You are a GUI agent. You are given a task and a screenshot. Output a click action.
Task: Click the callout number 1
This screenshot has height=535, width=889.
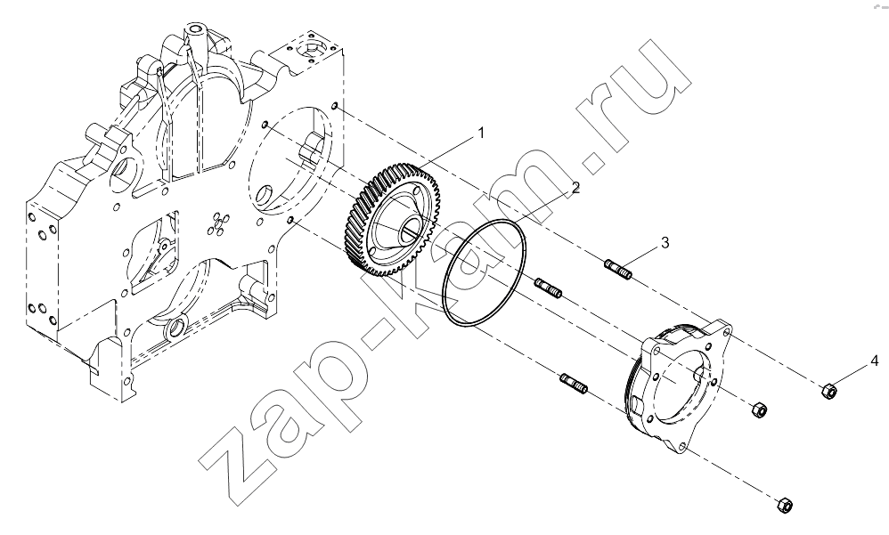(x=481, y=134)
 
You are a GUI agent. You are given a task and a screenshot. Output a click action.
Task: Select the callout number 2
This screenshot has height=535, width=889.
(x=575, y=188)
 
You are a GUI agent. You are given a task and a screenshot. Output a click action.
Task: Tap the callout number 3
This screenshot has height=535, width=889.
(x=665, y=242)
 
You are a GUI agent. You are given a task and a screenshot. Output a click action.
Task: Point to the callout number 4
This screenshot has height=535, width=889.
(x=875, y=361)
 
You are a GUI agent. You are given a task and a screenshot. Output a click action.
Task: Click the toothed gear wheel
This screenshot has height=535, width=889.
(x=392, y=219)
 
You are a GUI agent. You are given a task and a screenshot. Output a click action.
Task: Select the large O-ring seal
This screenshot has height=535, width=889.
(x=485, y=273)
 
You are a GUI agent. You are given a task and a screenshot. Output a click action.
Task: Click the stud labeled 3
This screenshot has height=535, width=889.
(x=618, y=269)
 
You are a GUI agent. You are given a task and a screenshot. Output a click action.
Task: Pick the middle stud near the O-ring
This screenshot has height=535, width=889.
(x=548, y=288)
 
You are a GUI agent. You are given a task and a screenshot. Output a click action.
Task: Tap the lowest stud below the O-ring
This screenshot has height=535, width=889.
(x=574, y=384)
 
